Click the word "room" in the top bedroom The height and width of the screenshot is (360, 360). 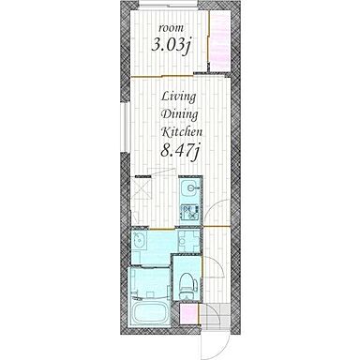point(172,28)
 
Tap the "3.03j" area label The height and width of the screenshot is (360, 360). point(171,46)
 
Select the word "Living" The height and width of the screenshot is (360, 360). point(179,97)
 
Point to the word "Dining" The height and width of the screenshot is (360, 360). point(179,115)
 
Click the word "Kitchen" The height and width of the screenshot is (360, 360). point(182,132)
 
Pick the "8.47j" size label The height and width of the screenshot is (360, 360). point(180,152)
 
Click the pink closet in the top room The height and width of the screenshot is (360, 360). point(219,40)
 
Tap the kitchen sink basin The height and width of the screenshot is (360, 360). point(189,188)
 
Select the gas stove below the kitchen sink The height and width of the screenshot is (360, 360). point(189,212)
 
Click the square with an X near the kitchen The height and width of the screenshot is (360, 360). point(142,187)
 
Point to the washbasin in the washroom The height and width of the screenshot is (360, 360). point(139,241)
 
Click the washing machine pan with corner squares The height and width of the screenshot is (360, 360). point(188,241)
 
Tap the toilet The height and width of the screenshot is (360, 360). point(187,286)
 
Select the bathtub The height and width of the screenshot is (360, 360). point(149,313)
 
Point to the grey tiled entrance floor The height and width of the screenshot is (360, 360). point(215,315)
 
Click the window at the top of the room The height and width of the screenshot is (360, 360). point(169,4)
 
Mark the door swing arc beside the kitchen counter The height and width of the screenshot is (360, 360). point(213,210)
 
